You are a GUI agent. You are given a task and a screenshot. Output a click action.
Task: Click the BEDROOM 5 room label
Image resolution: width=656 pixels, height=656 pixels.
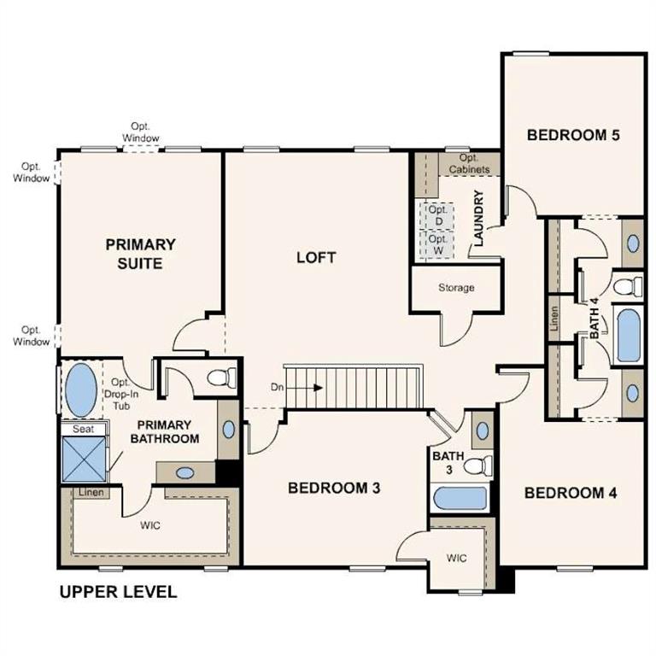(572, 134)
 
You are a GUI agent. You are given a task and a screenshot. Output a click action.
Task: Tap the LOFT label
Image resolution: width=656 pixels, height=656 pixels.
(316, 257)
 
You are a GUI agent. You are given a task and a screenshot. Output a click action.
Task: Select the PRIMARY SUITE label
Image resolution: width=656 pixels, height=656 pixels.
(141, 254)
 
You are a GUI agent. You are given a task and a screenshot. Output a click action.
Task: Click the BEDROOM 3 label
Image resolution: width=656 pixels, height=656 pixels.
(334, 488)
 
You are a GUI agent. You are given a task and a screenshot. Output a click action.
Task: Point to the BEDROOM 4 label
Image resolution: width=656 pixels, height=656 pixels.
(571, 493)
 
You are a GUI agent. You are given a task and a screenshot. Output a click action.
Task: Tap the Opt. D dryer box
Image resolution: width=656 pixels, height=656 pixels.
(437, 216)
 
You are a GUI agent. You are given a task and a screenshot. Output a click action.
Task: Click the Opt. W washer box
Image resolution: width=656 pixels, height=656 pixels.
(437, 245)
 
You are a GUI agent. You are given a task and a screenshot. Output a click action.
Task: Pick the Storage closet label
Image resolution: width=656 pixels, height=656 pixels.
(456, 288)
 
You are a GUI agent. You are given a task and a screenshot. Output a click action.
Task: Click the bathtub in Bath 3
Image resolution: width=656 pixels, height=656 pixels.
(460, 498)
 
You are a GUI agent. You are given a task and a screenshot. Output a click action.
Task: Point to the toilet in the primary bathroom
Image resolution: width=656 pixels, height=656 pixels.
(222, 377)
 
